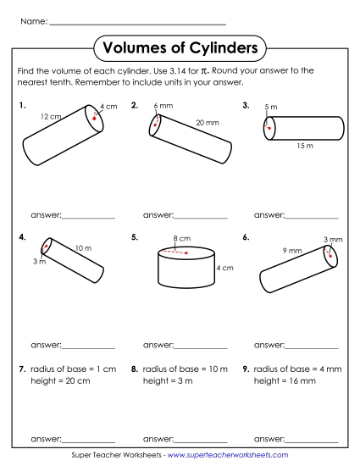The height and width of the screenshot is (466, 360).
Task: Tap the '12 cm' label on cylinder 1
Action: point(50,116)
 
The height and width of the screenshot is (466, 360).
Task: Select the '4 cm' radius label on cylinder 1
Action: point(108,107)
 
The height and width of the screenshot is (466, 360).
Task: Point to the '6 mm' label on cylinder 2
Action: point(163,106)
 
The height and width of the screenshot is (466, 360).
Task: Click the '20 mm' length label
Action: point(207,123)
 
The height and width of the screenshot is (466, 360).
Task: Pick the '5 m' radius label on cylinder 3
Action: point(270,108)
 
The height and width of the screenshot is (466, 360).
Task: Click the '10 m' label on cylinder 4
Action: point(83,247)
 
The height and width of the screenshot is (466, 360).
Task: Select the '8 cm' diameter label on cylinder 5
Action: point(180,238)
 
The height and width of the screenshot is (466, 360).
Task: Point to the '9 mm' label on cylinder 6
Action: point(292,251)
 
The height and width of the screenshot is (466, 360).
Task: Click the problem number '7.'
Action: point(21,369)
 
